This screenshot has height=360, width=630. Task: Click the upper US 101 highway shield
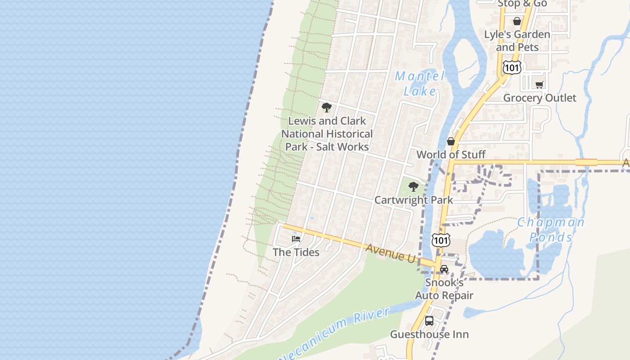coord(512,67)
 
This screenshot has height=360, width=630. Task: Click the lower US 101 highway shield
coord(440,240)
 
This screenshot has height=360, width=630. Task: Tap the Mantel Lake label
coord(419,84)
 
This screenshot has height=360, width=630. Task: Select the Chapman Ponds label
coord(551,229)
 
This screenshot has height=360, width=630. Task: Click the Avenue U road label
coord(391,252)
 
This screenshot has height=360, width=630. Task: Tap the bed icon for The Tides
coord(296,238)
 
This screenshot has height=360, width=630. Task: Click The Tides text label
coord(296,252)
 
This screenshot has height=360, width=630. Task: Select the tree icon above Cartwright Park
coord(413,186)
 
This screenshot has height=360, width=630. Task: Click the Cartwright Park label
coord(414,200)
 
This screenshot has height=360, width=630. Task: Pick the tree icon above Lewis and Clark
coord(327,108)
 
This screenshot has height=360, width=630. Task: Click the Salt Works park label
coord(327,134)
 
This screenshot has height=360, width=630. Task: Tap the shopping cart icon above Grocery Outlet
coord(540,85)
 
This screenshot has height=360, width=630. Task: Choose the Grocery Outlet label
coord(540,98)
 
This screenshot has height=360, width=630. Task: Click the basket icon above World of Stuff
coord(451,141)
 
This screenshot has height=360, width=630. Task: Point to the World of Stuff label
coord(451,155)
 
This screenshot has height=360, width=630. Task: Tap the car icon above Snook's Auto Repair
coord(444,269)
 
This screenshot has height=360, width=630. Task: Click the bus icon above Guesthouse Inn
coord(429,321)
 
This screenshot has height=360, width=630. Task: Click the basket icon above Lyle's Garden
coord(517,21)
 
